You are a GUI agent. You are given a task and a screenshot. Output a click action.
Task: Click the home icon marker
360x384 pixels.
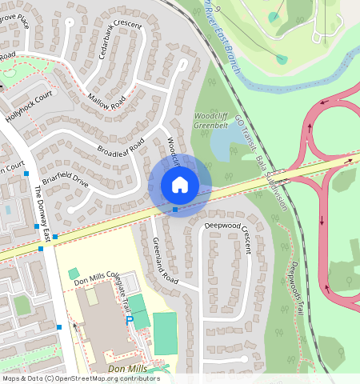(180, 186)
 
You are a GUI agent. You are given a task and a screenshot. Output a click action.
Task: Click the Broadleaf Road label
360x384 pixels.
(121, 146)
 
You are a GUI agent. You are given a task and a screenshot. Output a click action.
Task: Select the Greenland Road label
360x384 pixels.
(165, 262)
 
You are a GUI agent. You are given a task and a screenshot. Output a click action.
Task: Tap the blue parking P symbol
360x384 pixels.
(129, 320)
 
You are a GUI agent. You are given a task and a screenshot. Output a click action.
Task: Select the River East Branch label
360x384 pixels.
(222, 36)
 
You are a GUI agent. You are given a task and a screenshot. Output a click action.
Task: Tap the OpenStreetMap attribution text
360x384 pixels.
(80, 378)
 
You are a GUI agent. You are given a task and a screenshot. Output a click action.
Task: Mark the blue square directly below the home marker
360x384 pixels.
(175, 210)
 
